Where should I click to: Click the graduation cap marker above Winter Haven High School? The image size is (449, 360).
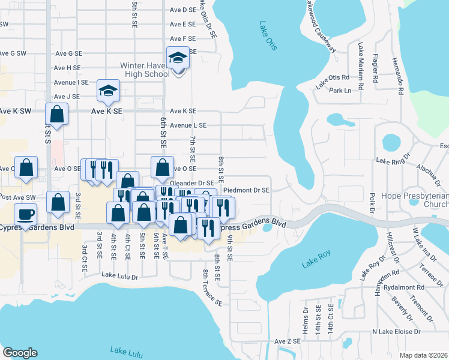178,58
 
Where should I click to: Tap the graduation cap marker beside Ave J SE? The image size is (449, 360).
109,91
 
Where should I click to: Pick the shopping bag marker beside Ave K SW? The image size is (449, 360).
56,114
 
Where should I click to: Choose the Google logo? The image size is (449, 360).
20,352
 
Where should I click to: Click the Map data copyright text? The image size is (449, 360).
423,355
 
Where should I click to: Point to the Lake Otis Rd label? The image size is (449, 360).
333,77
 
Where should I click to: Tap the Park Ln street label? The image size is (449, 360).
339,91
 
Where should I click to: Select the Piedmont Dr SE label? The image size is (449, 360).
246,190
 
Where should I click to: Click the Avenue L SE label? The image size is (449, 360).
188,125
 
